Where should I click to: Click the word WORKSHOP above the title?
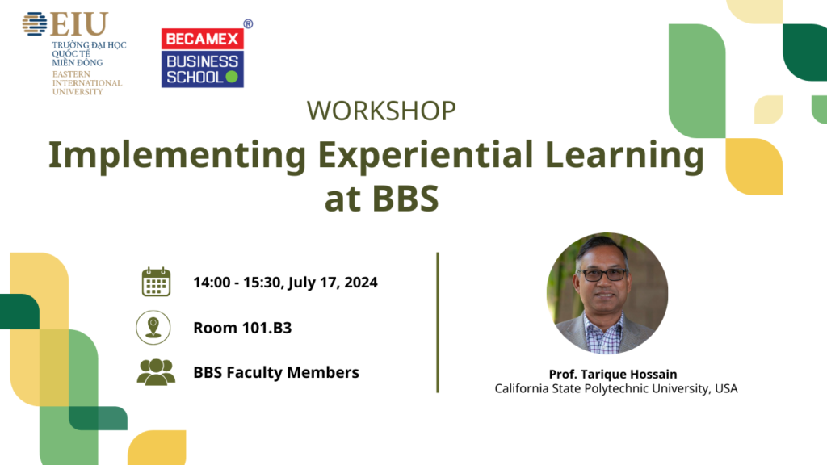tap(381, 111)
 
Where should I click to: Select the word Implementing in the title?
tap(177, 156)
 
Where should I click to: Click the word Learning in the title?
tap(624, 156)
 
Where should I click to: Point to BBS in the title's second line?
tap(405, 199)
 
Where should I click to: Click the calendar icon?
tap(156, 282)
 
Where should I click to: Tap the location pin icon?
tap(153, 328)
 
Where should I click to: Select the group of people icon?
tap(156, 372)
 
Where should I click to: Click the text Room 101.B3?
tap(242, 328)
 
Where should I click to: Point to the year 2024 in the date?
tap(361, 283)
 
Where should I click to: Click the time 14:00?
tap(212, 283)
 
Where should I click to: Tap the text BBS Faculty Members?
tap(276, 373)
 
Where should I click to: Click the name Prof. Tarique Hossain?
tap(613, 375)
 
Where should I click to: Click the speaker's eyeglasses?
tap(603, 274)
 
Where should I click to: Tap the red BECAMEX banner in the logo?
tap(203, 39)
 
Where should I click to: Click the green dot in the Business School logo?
tap(232, 77)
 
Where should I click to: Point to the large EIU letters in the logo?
tap(79, 23)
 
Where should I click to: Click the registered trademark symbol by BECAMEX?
tap(248, 23)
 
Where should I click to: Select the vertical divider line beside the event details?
tap(438, 323)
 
